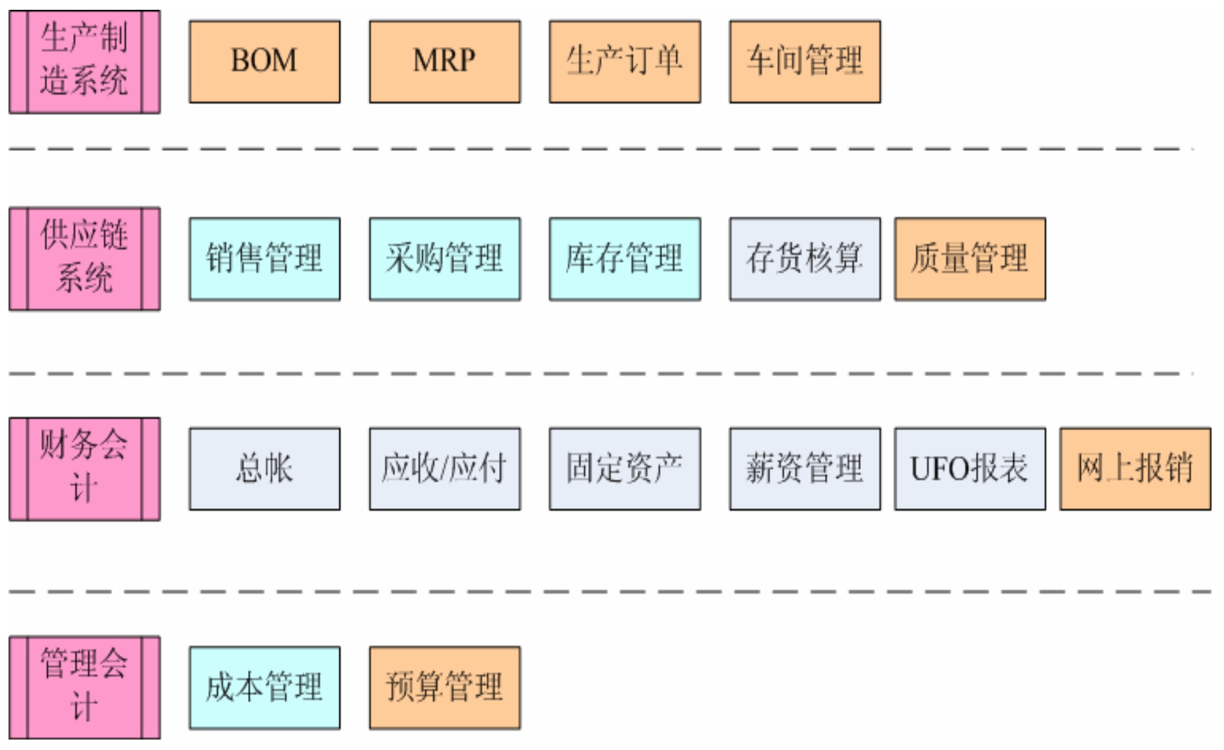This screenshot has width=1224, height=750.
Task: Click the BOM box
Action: coord(264,61)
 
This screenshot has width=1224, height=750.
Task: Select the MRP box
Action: coord(444,61)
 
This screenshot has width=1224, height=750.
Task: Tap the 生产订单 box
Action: coord(624,61)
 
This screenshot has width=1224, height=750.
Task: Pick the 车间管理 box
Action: coord(805,61)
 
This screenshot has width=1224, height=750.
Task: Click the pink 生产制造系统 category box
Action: coord(84,61)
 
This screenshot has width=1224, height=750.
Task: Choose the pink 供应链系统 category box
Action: coord(84,258)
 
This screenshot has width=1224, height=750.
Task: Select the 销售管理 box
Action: coord(264,259)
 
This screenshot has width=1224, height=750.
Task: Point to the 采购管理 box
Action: coord(444,259)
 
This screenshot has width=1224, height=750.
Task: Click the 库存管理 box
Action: coord(624,259)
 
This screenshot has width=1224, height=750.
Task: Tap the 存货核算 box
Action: coord(805,259)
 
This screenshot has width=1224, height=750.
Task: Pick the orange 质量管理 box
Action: coord(970,259)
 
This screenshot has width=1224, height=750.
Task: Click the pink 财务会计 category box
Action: coord(84,469)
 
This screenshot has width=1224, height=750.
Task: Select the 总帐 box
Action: coord(264,469)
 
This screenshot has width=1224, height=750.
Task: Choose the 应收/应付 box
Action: coord(444,469)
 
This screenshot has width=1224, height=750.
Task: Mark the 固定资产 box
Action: coord(624,469)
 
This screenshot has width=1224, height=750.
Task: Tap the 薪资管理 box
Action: coord(805,469)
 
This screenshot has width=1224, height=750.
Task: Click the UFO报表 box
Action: coord(970,469)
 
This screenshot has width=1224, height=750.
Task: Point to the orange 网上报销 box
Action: coord(1134,469)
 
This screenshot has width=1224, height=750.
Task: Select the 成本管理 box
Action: coord(264,687)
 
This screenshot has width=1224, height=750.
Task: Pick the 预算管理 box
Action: coord(444,687)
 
